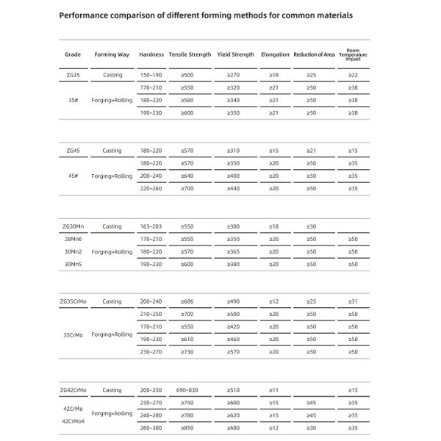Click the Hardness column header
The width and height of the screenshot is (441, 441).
coord(151,54)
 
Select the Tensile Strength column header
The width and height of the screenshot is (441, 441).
coord(190,54)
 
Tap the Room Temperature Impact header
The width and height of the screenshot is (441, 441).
coord(353,54)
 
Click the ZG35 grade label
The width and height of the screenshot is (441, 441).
coord(73,75)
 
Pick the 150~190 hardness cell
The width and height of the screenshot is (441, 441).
coord(151,75)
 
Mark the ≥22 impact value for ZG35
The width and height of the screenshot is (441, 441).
coord(353,75)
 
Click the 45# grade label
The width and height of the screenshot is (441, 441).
coord(73,176)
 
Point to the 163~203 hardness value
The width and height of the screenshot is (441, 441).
coord(151,226)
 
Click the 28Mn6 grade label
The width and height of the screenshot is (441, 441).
coord(73,239)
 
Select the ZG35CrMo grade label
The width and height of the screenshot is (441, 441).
coord(73,301)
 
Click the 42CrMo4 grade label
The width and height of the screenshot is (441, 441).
coord(73,421)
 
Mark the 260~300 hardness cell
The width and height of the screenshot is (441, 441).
coord(151,427)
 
